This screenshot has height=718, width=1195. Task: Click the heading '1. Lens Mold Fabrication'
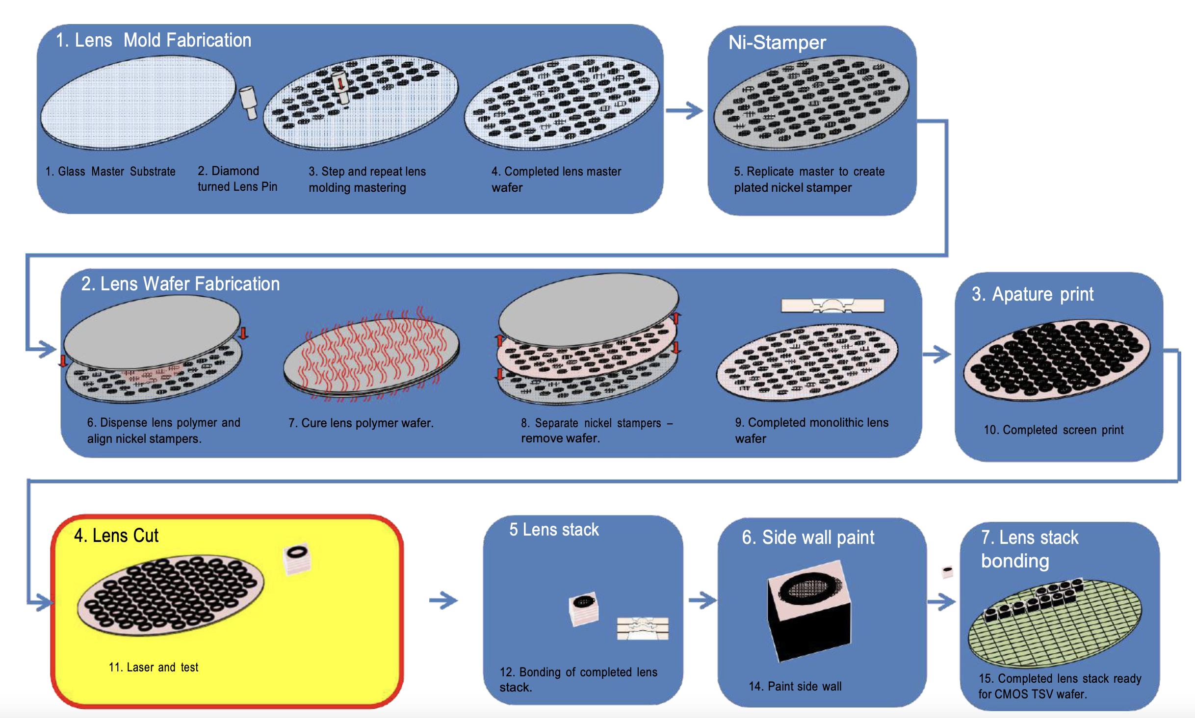[153, 40]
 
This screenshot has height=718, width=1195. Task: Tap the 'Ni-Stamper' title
[777, 43]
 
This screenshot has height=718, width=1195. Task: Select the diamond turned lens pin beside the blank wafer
[249, 102]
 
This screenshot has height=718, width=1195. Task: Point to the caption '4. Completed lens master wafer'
[556, 179]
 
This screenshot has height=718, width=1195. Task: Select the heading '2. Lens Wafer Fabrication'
[180, 284]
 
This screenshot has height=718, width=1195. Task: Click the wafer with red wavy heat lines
[371, 356]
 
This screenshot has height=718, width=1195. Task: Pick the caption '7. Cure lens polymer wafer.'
[361, 423]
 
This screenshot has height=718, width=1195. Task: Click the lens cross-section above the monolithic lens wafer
[832, 306]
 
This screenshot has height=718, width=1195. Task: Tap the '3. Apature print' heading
[1032, 294]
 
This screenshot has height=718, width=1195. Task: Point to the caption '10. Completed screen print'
[1053, 430]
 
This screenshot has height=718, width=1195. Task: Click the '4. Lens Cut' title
[116, 536]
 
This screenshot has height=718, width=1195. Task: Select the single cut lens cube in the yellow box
[297, 559]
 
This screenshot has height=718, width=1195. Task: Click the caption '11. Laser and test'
[153, 667]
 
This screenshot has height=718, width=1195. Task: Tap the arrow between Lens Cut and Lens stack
[443, 600]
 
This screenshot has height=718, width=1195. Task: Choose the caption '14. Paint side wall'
[795, 686]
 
